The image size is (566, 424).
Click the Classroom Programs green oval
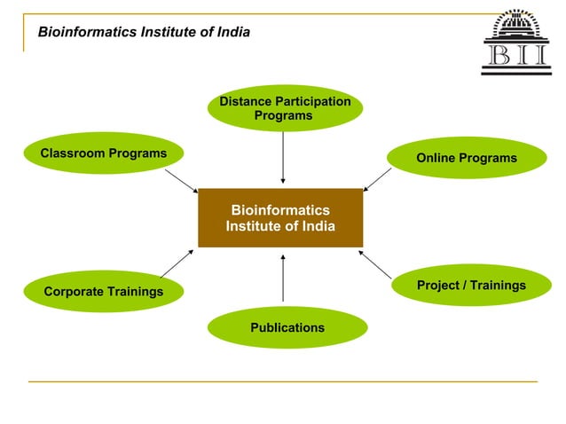(x=103, y=153)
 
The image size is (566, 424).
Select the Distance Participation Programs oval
(x=284, y=108)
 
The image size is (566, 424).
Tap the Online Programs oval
(x=466, y=158)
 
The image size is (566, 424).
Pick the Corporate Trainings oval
(x=104, y=291)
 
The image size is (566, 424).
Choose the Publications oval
(x=287, y=327)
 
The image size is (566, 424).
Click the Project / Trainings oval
(x=471, y=285)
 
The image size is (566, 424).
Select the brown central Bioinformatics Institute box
(x=280, y=217)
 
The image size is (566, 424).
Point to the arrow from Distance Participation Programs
(x=283, y=156)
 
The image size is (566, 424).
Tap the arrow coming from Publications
(x=283, y=278)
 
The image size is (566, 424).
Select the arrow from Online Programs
(x=378, y=179)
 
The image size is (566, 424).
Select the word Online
(x=436, y=158)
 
